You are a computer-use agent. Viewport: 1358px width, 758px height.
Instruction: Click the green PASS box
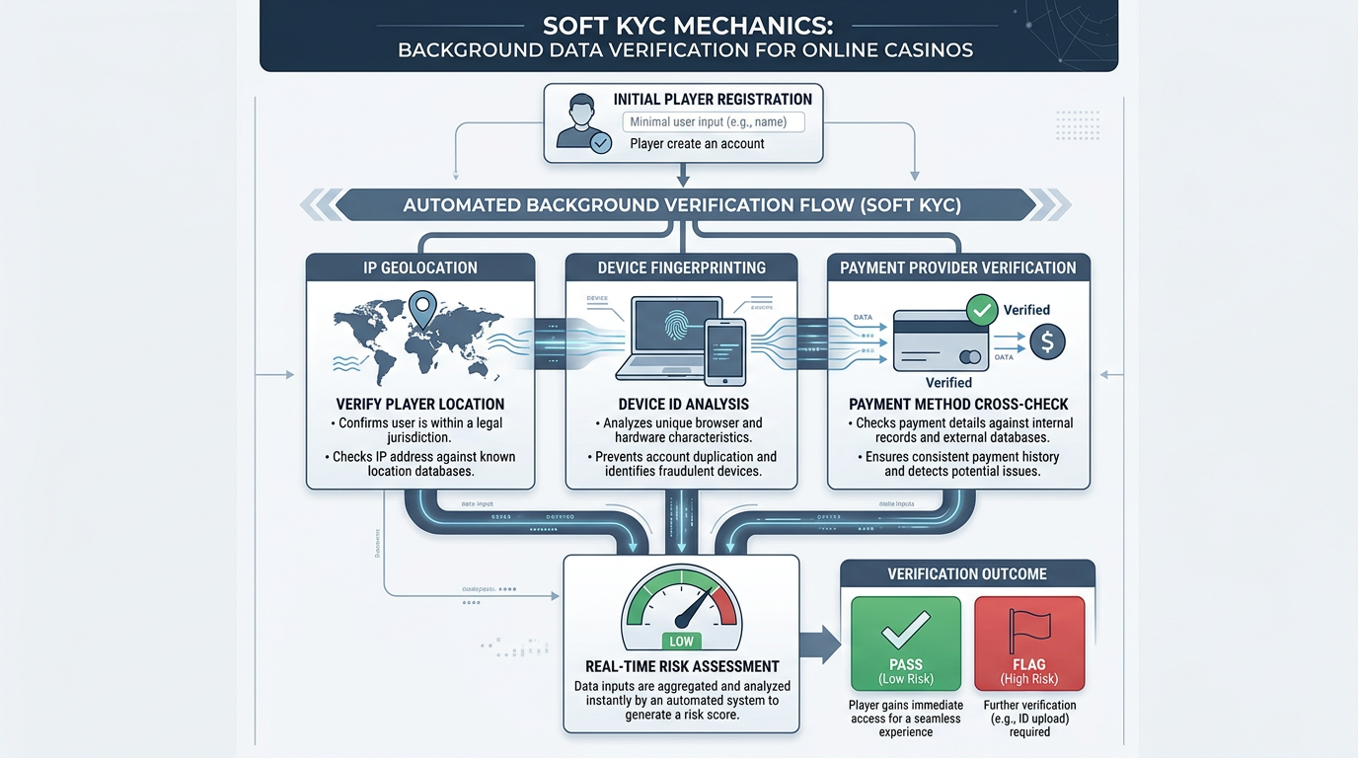coord(905,644)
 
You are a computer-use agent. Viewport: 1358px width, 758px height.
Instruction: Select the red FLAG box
coord(1029,644)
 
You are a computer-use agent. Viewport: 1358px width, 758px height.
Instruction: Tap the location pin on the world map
coord(423,310)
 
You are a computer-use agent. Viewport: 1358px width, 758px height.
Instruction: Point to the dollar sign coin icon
coord(1046,341)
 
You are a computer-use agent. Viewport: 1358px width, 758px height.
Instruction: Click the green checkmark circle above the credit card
coord(982,310)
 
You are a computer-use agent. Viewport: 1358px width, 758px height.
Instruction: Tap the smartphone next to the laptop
coord(725,351)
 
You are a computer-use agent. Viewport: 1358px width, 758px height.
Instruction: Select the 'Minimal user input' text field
coord(713,122)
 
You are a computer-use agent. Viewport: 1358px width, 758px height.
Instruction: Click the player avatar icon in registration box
coord(583,122)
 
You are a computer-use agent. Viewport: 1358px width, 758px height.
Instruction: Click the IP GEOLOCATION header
coord(420,267)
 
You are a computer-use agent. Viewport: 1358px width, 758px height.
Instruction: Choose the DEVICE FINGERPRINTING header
coord(682,267)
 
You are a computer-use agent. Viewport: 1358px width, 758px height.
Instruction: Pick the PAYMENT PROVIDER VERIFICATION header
coord(957,267)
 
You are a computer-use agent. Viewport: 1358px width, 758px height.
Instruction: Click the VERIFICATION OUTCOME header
coord(966,573)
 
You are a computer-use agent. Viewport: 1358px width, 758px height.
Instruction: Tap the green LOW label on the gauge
coord(681,642)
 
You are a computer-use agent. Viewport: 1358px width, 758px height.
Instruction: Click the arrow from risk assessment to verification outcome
coord(818,644)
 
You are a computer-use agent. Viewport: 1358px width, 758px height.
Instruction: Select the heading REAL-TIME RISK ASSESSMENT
coord(681,666)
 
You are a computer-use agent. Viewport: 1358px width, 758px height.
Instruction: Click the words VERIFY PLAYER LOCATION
coord(420,404)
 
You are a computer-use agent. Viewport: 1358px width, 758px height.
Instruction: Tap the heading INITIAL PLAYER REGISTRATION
coord(713,99)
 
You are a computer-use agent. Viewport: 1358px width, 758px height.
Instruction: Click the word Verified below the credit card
coord(948,382)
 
